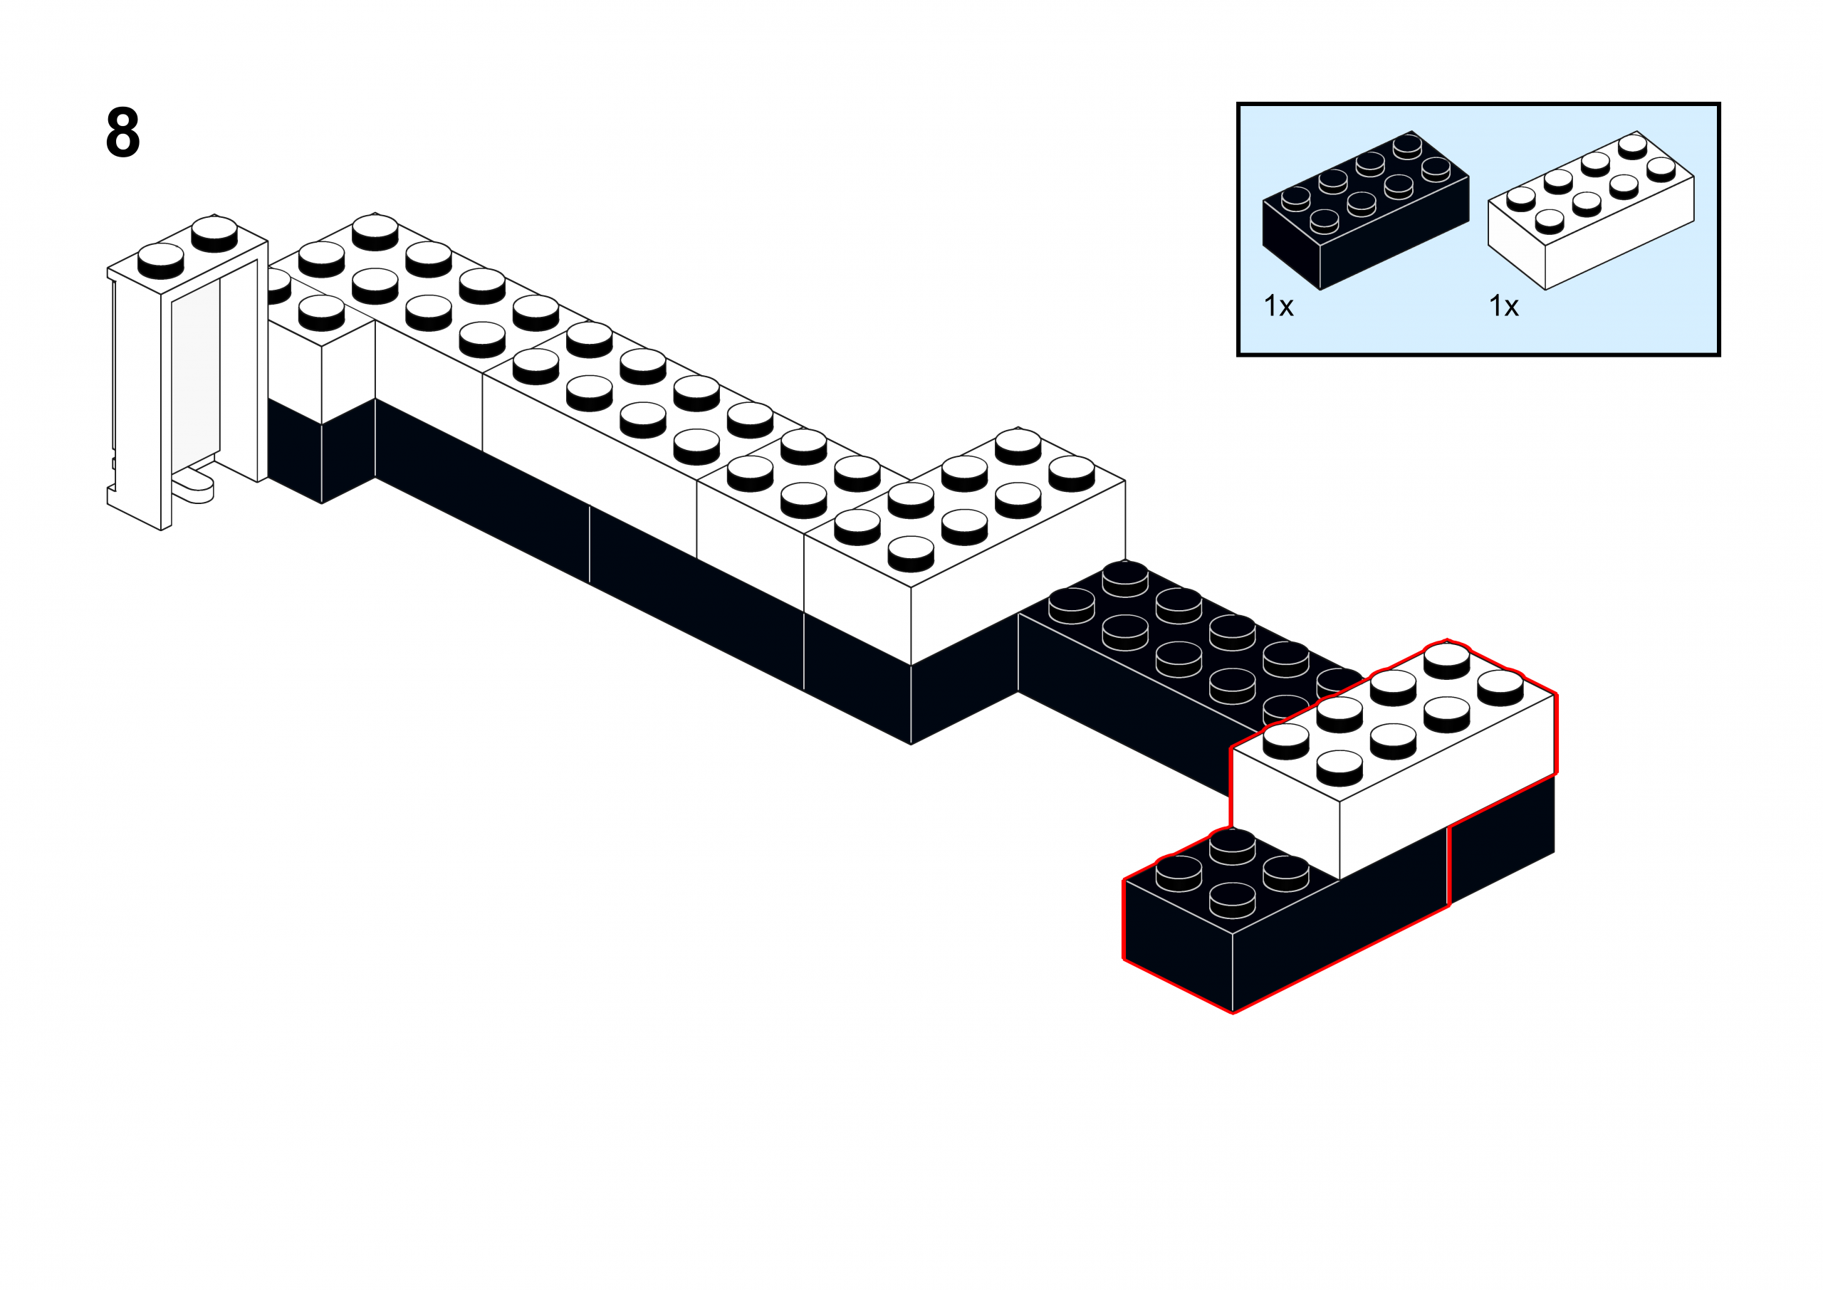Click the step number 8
tap(122, 132)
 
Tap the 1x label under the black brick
tap(1278, 306)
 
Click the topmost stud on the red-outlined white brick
tap(1446, 659)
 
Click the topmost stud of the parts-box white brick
tap(1632, 145)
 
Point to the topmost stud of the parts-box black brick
tap(1406, 145)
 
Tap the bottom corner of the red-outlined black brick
tap(1233, 1012)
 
